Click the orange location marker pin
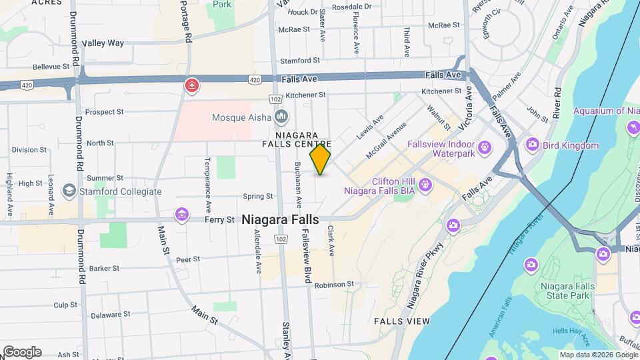pyautogui.click(x=321, y=159)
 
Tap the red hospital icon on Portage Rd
pyautogui.click(x=191, y=85)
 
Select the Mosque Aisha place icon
pyautogui.click(x=281, y=117)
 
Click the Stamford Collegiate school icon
pyautogui.click(x=69, y=191)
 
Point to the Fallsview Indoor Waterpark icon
pyautogui.click(x=484, y=146)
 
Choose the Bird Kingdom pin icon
pyautogui.click(x=532, y=144)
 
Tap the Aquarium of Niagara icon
pyautogui.click(x=631, y=127)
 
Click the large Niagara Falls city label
pyautogui.click(x=280, y=219)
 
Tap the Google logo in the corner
pyautogui.click(x=22, y=352)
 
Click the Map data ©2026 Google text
pyautogui.click(x=598, y=355)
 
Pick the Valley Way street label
pyautogui.click(x=103, y=43)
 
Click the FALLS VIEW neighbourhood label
pyautogui.click(x=402, y=321)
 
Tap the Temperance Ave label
pyautogui.click(x=207, y=175)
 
